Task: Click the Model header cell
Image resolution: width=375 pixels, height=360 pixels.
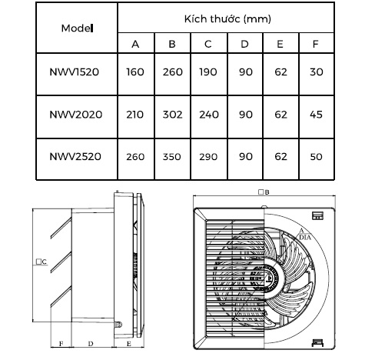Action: (77, 28)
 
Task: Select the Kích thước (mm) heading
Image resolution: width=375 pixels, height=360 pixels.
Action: (227, 19)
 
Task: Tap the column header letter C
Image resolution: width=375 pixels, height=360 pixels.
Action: (208, 44)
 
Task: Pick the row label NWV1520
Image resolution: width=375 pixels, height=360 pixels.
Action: (74, 72)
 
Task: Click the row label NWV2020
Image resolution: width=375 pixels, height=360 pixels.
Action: (76, 115)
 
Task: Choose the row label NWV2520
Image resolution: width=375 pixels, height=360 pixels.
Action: (75, 157)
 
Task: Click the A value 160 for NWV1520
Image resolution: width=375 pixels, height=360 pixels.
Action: (135, 72)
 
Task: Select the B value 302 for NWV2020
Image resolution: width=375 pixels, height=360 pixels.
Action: (173, 115)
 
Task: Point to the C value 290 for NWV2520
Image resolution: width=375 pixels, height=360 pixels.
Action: (208, 157)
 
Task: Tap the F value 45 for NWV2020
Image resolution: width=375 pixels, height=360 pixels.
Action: (316, 115)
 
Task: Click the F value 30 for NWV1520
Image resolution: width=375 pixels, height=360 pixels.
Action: (317, 72)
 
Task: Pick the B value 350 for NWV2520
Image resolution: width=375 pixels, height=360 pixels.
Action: (172, 157)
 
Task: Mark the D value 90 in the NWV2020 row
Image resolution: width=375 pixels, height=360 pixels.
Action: (246, 115)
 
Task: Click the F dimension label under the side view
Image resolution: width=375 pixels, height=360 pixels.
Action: (61, 344)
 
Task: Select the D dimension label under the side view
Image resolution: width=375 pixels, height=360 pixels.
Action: (91, 344)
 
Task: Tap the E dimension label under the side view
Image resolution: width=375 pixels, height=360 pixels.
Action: (129, 344)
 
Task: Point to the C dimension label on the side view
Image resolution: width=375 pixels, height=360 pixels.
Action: (41, 262)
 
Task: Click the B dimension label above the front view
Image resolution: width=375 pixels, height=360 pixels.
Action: (264, 192)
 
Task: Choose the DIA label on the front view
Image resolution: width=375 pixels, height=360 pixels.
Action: (305, 238)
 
